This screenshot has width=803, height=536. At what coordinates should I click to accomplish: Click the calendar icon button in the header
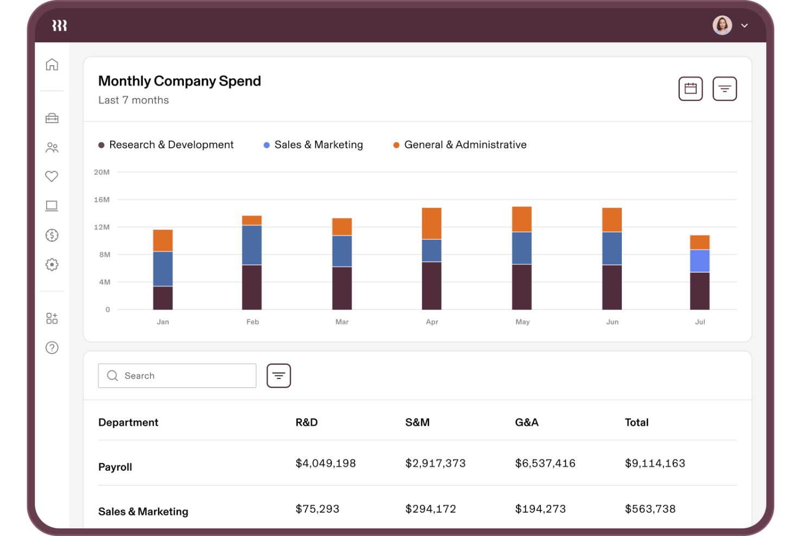[690, 89]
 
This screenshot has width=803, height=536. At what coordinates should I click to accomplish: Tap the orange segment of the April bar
[431, 223]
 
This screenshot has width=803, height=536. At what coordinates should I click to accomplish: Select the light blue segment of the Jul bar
[699, 261]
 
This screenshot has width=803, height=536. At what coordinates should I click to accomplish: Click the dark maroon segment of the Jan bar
[163, 298]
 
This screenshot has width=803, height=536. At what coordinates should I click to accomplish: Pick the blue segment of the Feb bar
[252, 245]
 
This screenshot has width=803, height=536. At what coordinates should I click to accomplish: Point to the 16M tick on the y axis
[101, 200]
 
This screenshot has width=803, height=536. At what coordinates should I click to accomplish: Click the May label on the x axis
[522, 322]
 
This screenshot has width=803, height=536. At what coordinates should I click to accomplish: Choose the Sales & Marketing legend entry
[313, 145]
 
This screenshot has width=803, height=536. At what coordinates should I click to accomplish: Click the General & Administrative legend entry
[460, 145]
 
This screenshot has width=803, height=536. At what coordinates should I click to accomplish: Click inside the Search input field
[184, 376]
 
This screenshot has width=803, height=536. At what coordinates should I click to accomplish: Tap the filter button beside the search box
[278, 376]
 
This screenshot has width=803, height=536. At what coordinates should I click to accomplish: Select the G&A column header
[526, 423]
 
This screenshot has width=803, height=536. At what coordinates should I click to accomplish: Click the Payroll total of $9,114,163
[654, 463]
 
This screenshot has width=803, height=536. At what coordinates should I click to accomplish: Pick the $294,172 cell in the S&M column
[430, 509]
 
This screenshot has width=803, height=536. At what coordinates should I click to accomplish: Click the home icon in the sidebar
[52, 65]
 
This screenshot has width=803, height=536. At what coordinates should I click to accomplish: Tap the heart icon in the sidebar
[52, 176]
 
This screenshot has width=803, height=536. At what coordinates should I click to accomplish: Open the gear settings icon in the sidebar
[52, 264]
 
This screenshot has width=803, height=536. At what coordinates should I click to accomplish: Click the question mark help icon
[52, 348]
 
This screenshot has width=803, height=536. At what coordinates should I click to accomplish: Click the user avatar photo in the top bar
[722, 25]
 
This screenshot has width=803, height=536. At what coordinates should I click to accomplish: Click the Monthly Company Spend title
[179, 81]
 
